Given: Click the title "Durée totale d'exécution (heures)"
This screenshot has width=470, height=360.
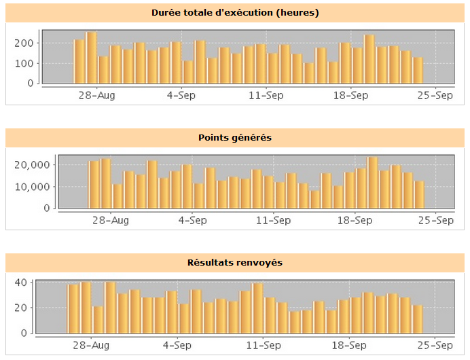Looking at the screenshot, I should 234,12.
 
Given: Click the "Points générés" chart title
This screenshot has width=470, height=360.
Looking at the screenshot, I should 234,137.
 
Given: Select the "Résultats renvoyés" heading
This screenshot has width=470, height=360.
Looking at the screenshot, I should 234,262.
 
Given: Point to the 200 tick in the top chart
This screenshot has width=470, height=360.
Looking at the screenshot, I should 25,42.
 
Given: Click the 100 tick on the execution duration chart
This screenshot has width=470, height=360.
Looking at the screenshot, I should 25,63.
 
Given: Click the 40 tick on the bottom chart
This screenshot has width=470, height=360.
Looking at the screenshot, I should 20,283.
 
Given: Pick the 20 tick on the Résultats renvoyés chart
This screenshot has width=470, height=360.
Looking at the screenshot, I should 20,308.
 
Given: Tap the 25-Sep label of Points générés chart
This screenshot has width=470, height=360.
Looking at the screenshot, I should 435,220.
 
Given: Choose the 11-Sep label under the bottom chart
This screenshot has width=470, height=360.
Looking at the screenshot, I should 262,345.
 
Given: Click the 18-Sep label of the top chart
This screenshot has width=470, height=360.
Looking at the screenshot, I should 351,95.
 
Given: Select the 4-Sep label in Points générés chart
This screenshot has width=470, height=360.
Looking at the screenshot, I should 193,220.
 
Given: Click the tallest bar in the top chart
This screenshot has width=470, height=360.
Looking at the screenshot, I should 90,58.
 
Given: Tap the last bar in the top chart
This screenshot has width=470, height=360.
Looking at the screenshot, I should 418,70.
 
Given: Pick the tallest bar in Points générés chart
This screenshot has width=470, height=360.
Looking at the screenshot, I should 372,183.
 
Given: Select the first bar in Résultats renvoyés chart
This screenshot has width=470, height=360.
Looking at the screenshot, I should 73,309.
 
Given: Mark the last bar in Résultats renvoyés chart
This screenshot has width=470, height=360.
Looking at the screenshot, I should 417,319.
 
